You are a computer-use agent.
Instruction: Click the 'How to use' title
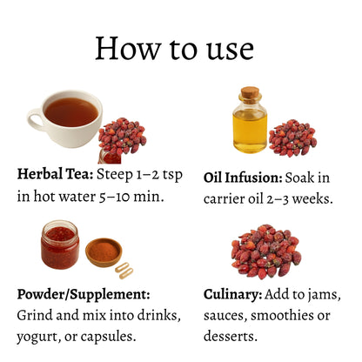175,49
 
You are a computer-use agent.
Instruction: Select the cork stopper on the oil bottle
250,93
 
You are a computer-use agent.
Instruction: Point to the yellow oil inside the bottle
250,131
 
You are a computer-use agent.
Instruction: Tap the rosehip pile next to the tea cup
122,136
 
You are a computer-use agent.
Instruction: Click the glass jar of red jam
60,245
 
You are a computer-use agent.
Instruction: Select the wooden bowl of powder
104,252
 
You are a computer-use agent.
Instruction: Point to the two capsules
124,271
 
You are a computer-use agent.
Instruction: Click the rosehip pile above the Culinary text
266,251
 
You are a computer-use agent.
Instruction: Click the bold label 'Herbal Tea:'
55,174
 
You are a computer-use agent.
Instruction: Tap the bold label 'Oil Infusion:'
243,178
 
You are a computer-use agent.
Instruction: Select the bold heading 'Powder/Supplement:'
84,295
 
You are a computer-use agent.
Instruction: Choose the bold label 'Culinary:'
233,295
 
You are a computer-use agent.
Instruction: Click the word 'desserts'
229,337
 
